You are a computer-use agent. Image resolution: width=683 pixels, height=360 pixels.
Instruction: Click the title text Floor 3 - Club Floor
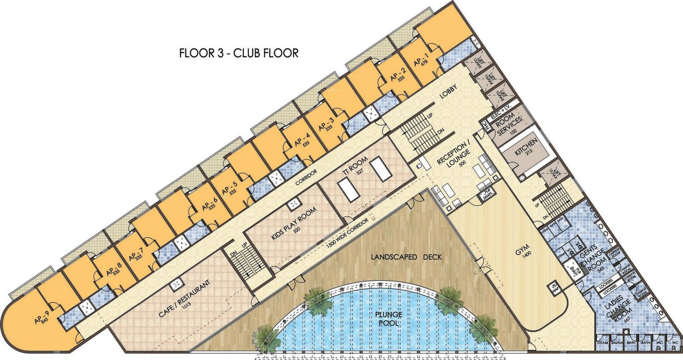238,53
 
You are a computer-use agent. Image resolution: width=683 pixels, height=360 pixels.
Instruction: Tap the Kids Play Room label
293,222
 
